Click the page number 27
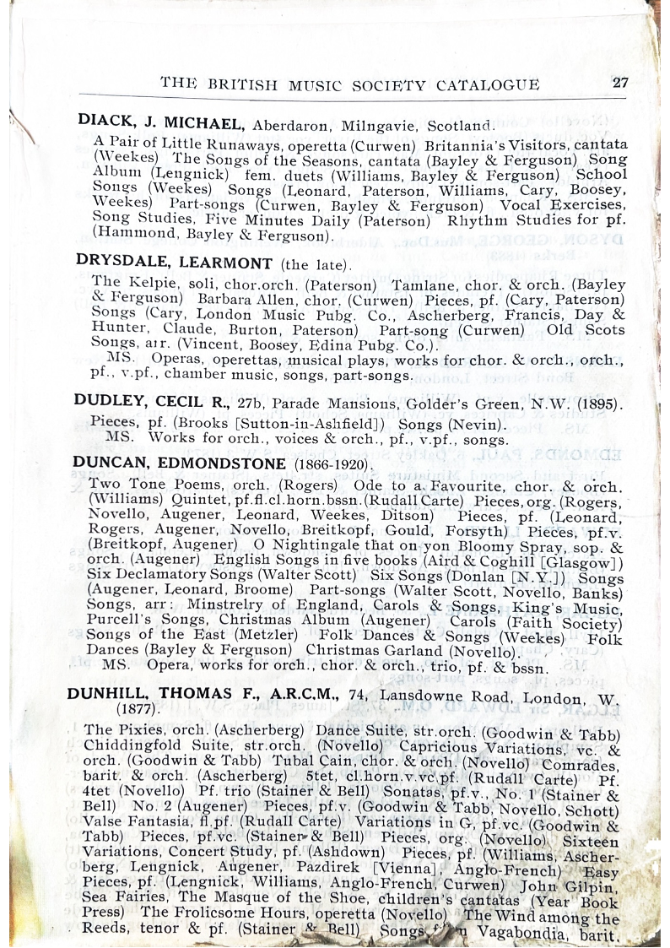click(x=620, y=83)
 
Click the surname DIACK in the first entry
click(x=100, y=121)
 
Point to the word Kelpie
click(x=149, y=283)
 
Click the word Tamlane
click(x=418, y=284)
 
